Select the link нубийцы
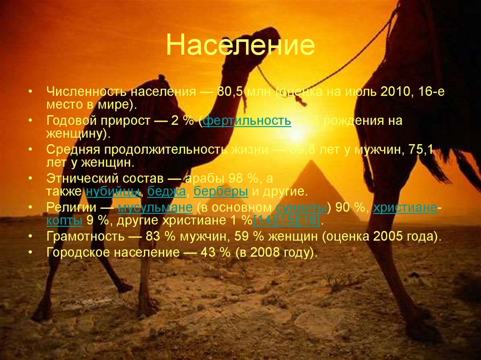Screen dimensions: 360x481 click(x=113, y=191)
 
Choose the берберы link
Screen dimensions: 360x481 click(x=221, y=191)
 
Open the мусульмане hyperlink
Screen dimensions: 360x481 click(x=155, y=207)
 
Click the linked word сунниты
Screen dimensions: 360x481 click(x=301, y=207)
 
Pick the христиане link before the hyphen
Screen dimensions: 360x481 click(x=405, y=207)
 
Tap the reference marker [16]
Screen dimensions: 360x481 click(x=310, y=221)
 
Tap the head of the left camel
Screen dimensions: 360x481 click(x=256, y=45)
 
